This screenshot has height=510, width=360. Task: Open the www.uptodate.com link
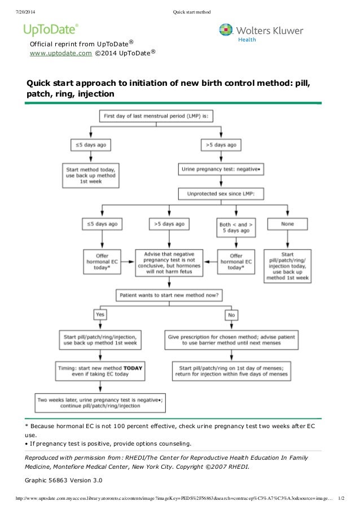65,53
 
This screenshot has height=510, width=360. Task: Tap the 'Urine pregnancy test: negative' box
221,168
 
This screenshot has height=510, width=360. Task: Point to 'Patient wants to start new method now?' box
169,294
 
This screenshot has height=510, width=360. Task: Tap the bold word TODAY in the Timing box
133,368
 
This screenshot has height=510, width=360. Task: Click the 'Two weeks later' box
99,403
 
